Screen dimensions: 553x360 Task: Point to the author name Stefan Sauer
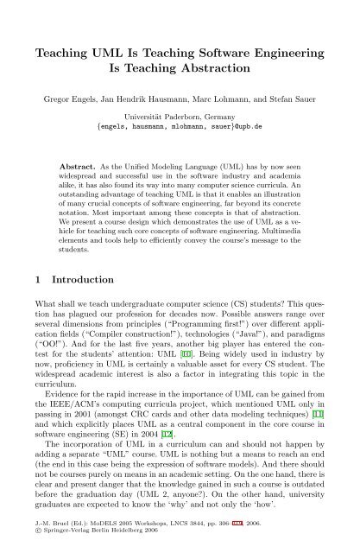[297, 101]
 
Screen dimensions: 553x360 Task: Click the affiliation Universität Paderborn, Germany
[180, 118]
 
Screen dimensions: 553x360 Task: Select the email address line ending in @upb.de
[180, 128]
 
